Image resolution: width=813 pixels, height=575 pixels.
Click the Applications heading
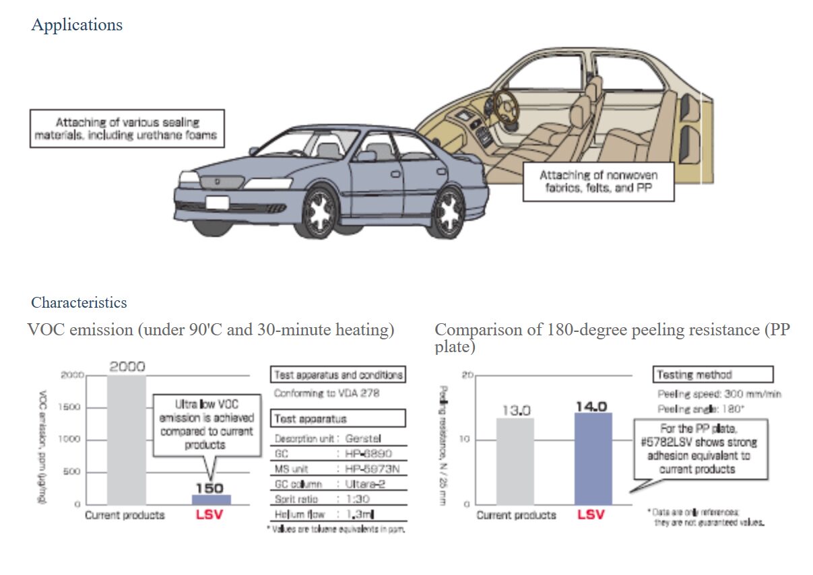(x=77, y=25)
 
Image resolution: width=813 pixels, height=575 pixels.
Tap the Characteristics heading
(x=79, y=302)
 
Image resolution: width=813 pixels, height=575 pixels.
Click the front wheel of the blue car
(x=316, y=210)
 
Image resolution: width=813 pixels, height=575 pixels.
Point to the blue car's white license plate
(x=217, y=202)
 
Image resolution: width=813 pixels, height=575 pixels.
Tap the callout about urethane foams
(x=127, y=129)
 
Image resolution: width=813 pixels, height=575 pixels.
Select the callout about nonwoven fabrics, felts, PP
(x=598, y=181)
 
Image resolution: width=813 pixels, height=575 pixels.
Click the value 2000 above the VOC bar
(x=127, y=367)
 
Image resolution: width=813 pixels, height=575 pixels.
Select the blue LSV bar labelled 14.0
(x=593, y=459)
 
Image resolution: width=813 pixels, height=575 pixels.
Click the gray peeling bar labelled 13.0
(x=515, y=461)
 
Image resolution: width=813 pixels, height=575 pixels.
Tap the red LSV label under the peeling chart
(x=591, y=515)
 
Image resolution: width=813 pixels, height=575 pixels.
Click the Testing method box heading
(x=712, y=374)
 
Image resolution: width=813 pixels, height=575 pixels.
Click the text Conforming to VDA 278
(x=326, y=393)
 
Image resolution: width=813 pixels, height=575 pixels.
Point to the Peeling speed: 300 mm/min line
(x=719, y=395)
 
